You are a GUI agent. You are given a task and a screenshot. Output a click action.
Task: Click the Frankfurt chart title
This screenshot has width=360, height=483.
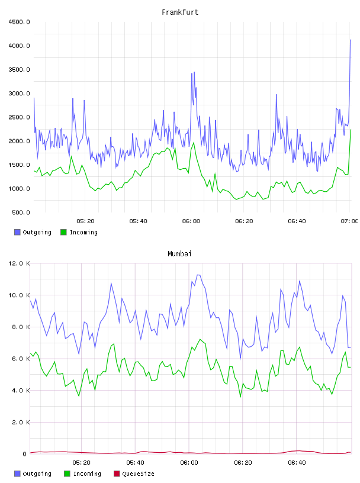(x=180, y=12)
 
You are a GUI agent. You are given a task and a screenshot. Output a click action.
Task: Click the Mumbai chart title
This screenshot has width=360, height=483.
(x=179, y=254)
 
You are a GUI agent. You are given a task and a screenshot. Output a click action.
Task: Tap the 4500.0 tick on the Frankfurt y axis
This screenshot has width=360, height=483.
(x=19, y=22)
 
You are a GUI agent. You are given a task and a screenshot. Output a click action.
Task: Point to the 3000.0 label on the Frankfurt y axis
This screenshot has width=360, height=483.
(x=19, y=94)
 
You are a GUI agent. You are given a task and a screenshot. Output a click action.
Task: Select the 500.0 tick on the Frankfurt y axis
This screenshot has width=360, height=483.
(x=21, y=212)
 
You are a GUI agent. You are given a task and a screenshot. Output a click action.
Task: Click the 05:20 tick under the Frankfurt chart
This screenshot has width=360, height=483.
(x=85, y=221)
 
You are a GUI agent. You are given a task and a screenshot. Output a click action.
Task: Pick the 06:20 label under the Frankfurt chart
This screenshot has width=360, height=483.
(x=244, y=221)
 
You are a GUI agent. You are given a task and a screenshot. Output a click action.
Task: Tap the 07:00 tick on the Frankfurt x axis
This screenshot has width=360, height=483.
(x=349, y=221)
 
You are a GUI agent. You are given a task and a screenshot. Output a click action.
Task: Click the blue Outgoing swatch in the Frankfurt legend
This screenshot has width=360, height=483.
(x=17, y=232)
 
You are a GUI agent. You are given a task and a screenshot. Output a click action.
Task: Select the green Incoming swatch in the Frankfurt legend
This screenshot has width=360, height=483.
(x=63, y=232)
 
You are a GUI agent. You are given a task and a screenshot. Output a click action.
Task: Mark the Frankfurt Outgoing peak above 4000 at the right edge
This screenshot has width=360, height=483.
(x=351, y=40)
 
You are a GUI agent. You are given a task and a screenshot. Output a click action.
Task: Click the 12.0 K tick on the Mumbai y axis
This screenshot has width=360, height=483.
(x=19, y=263)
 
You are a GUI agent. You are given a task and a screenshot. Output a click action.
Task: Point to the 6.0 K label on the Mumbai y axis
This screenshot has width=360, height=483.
(x=21, y=359)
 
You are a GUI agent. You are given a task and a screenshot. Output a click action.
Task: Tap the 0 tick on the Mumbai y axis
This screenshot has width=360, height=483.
(x=25, y=454)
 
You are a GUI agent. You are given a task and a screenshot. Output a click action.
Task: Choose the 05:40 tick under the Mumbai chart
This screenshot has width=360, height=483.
(x=135, y=463)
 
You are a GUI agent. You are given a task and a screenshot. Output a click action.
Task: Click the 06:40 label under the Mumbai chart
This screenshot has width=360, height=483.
(x=297, y=463)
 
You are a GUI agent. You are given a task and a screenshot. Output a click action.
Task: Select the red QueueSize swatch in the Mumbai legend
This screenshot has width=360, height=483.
(x=117, y=474)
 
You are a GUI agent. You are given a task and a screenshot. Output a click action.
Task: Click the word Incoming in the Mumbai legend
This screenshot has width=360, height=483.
(x=87, y=474)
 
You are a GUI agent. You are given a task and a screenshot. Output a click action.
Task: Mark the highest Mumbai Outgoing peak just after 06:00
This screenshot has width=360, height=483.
(x=199, y=275)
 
